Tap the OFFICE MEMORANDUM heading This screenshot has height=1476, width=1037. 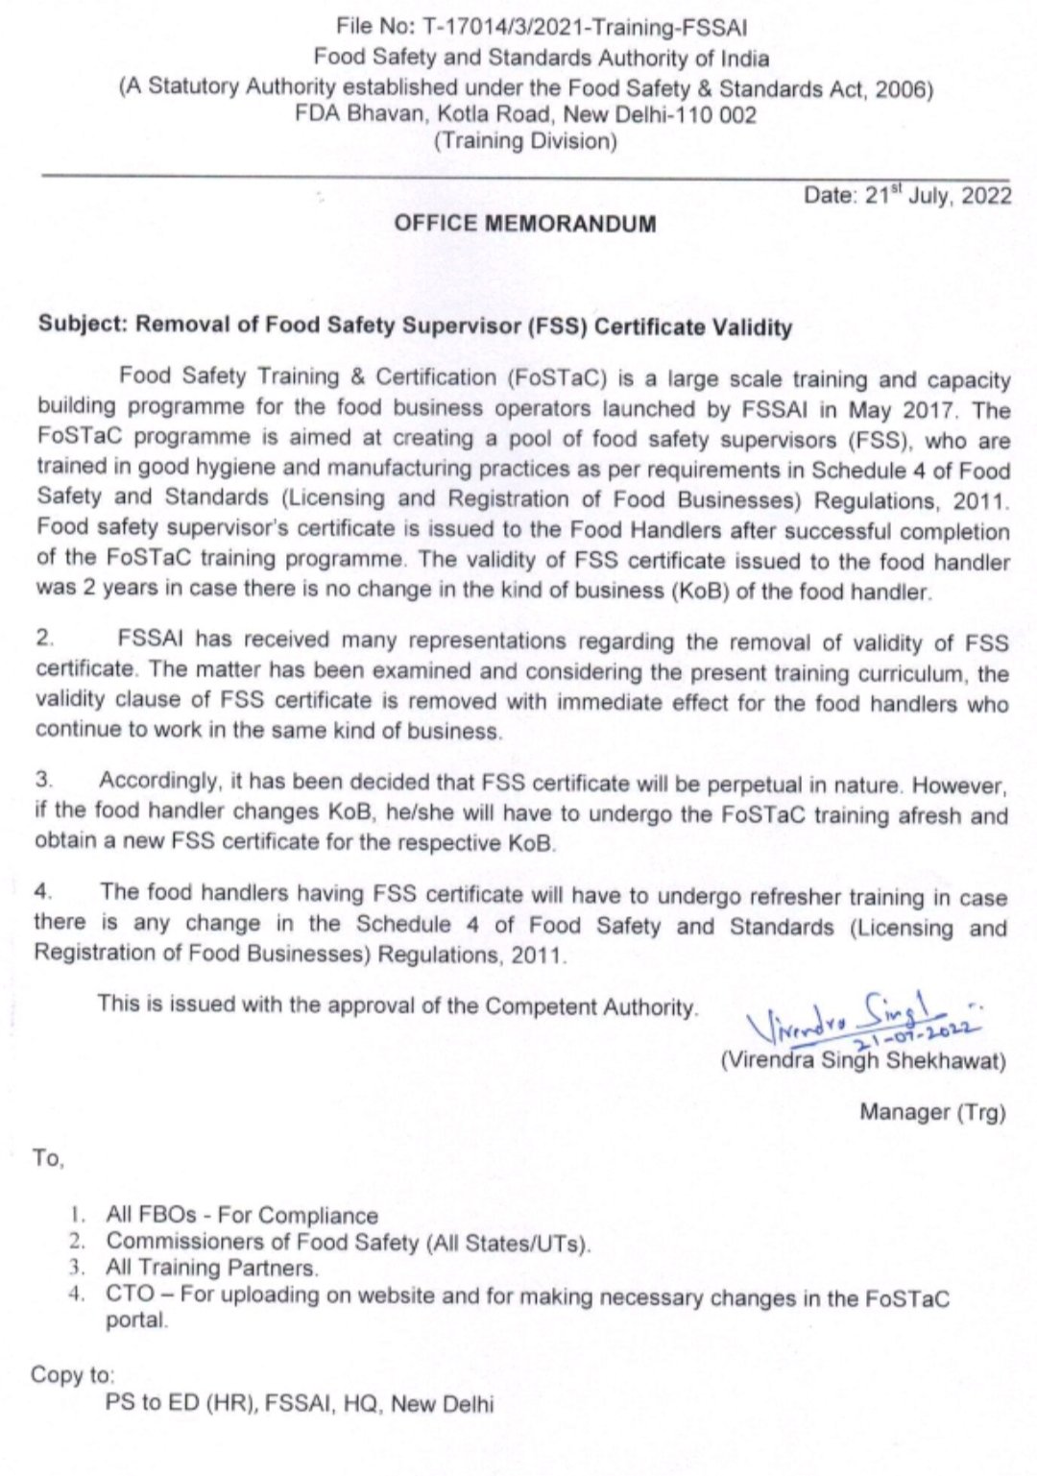pyautogui.click(x=525, y=224)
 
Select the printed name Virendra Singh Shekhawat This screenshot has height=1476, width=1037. pyautogui.click(x=862, y=1061)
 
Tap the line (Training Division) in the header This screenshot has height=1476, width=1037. pyautogui.click(x=525, y=141)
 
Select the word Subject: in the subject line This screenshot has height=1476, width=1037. pyautogui.click(x=83, y=324)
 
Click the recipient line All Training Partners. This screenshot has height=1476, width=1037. pyautogui.click(x=211, y=1268)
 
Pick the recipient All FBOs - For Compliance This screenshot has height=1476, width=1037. pyautogui.click(x=242, y=1216)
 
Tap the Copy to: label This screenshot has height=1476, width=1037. pyautogui.click(x=73, y=1374)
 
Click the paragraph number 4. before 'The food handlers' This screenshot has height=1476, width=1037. pyautogui.click(x=43, y=891)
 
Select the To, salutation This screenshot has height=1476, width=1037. pyautogui.click(x=48, y=1157)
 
